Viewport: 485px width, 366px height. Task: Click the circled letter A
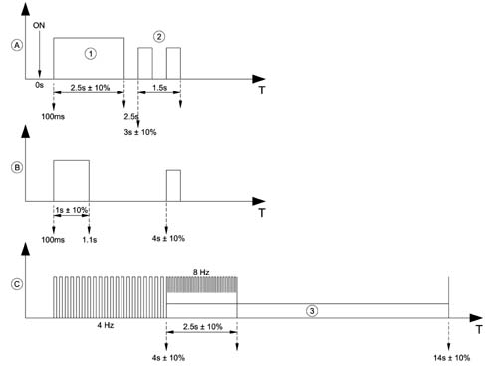(x=17, y=45)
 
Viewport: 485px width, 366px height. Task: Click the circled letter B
(x=17, y=167)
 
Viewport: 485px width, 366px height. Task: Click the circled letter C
(x=17, y=284)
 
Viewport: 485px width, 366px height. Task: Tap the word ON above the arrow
(x=39, y=26)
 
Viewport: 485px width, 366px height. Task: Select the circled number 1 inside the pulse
(x=91, y=54)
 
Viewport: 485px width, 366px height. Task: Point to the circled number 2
(x=159, y=37)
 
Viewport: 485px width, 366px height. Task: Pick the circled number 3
(x=312, y=311)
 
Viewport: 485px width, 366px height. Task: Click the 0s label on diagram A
(x=39, y=85)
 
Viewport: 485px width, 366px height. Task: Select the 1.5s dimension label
(x=160, y=88)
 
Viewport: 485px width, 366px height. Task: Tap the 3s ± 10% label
(x=140, y=132)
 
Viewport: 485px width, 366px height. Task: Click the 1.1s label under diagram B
(x=90, y=240)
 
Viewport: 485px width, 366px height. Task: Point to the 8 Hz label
(x=201, y=272)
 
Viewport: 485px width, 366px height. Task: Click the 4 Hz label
(x=106, y=325)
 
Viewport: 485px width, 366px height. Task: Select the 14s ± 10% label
(x=452, y=358)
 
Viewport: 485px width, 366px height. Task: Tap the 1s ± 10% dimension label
(x=72, y=210)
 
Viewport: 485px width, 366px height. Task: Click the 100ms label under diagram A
(x=53, y=117)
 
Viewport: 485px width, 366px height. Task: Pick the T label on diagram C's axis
(x=479, y=330)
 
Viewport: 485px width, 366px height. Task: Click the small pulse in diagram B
(x=173, y=186)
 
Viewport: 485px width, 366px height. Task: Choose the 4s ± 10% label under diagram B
(x=168, y=239)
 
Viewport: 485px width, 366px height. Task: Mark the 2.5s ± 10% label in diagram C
(x=203, y=327)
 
